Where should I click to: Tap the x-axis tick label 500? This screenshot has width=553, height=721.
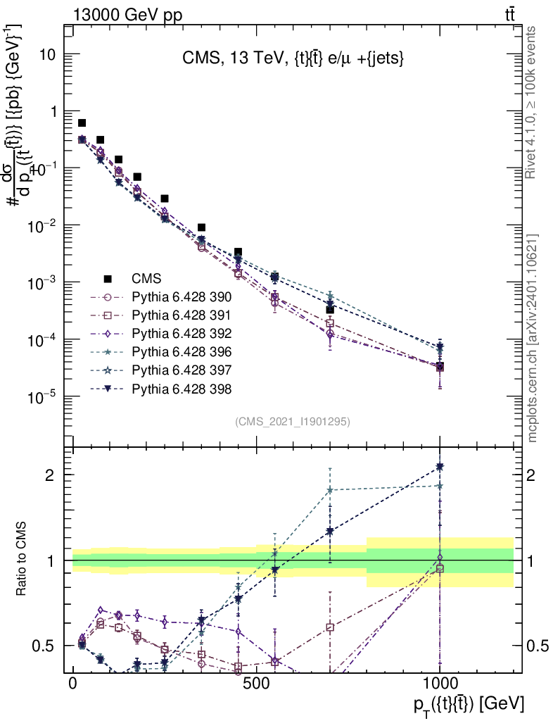pyautogui.click(x=256, y=685)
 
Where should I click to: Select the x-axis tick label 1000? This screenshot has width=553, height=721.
pyautogui.click(x=440, y=685)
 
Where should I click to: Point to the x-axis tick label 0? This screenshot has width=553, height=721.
pyautogui.click(x=72, y=685)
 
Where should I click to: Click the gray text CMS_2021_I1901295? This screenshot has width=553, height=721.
pyautogui.click(x=292, y=421)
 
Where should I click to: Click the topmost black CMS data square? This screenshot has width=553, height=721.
pyautogui.click(x=82, y=123)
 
